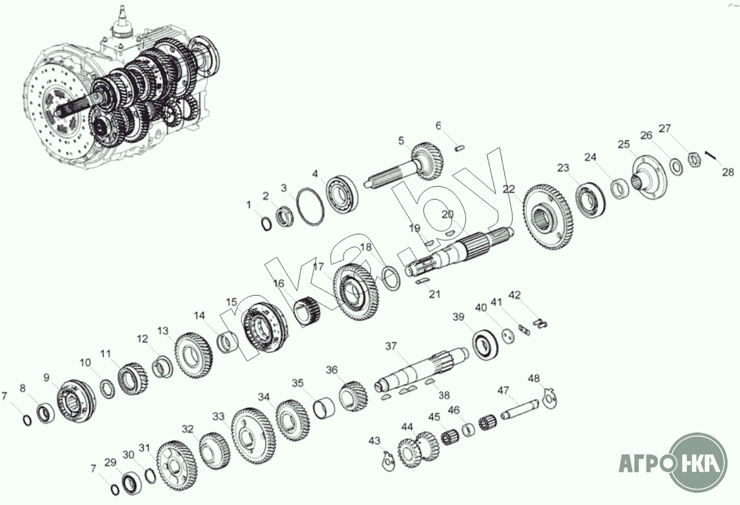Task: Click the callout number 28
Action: pos(728,172)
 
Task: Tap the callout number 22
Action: pos(508,190)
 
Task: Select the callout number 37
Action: pos(391,346)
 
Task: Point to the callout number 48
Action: pos(534,378)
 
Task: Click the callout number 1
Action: pos(249,205)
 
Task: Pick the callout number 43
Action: pos(375,441)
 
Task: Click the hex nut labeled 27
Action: pos(695,160)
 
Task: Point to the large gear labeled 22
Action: pos(548,221)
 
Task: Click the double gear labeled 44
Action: pos(418,448)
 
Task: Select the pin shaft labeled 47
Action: pos(520,409)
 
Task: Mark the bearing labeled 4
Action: pos(342,195)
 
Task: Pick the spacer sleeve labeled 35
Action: pos(324,407)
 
